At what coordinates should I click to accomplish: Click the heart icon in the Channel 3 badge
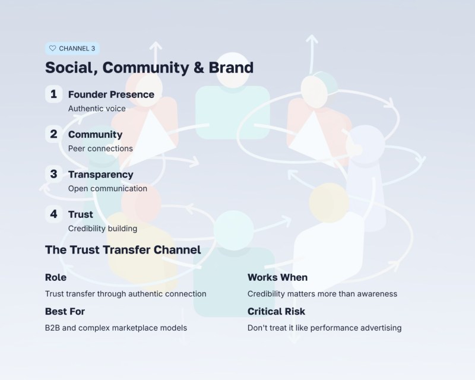52,48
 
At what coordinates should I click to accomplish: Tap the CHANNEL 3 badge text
77,48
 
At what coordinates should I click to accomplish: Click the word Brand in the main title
231,67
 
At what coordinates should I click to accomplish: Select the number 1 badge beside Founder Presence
53,94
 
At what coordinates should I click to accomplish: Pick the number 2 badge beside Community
53,134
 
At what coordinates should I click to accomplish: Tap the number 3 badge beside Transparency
53,174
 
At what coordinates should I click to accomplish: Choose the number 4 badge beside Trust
53,214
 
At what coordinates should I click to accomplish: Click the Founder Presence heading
111,94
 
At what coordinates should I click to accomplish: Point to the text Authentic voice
97,109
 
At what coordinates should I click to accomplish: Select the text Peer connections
100,148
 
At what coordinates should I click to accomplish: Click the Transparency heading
100,175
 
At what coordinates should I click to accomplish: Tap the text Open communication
107,188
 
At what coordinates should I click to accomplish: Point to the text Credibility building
103,228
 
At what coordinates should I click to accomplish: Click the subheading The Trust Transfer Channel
123,250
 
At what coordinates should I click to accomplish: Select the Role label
56,277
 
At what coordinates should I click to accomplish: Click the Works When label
277,277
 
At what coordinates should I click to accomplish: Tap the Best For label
64,311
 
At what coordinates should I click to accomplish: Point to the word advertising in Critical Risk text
381,327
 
